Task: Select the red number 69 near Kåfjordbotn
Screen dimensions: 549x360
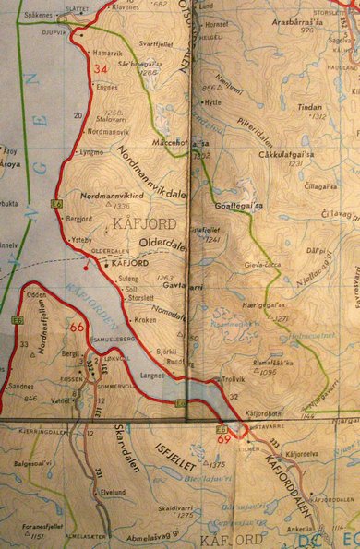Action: (x=224, y=438)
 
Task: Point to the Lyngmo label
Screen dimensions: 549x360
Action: (x=92, y=151)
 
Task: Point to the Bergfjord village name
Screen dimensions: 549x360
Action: (x=80, y=221)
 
